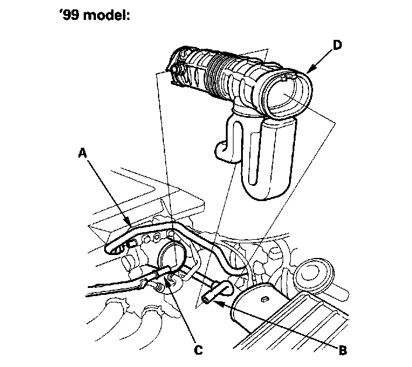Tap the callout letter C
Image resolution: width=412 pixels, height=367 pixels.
point(198,350)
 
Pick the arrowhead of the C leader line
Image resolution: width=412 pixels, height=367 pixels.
point(169,276)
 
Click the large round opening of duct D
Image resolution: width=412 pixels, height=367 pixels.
point(285,94)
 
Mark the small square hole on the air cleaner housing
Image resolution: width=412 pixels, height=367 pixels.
point(265,300)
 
